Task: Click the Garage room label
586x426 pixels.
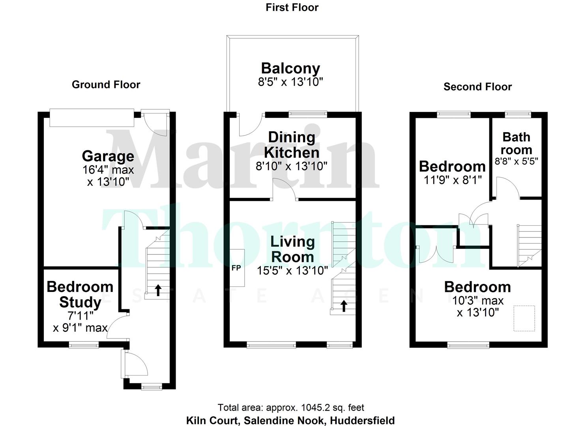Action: [x=108, y=156]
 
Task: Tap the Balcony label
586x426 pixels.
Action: [x=290, y=68]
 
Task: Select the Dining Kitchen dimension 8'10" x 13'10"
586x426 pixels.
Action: [x=292, y=166]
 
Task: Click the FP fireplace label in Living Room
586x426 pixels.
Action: [x=236, y=268]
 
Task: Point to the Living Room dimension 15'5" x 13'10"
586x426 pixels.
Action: [x=292, y=271]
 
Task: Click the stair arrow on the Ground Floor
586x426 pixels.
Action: [x=158, y=290]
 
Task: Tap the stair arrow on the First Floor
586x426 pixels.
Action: [x=344, y=306]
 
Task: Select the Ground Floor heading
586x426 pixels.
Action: [x=106, y=84]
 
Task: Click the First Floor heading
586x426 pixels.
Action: [x=292, y=7]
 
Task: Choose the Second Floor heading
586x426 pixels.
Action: [x=477, y=87]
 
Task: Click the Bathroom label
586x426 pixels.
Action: [x=516, y=143]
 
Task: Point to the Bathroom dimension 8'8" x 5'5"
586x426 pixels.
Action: [x=516, y=161]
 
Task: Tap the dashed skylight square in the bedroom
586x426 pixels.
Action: [x=524, y=318]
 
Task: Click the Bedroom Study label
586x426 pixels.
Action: [x=80, y=294]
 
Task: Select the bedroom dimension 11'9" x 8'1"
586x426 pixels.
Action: [x=453, y=180]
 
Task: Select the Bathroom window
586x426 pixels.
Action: [x=519, y=114]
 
